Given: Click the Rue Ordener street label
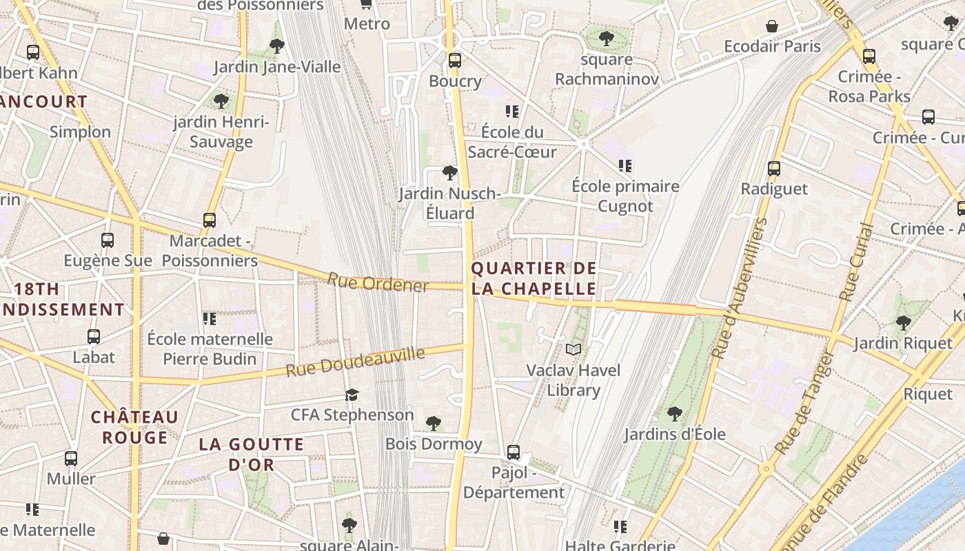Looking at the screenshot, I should [x=378, y=282].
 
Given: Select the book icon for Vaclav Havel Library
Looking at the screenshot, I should [x=573, y=350].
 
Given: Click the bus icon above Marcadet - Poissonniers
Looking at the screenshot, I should [x=210, y=220].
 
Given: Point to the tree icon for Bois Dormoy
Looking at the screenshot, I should [x=433, y=423].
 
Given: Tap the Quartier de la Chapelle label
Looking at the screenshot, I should [x=534, y=278].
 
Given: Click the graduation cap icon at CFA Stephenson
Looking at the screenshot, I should [x=352, y=395].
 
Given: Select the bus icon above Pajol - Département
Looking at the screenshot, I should [x=514, y=453].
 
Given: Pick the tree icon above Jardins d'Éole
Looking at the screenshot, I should [x=675, y=414].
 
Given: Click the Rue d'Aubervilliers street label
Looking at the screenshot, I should [x=740, y=288].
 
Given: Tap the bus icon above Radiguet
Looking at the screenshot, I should [x=774, y=168].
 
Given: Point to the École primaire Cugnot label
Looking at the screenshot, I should [x=625, y=196].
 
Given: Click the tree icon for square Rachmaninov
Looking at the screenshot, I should [x=607, y=39].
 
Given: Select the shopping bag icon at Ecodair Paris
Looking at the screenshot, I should [x=772, y=26].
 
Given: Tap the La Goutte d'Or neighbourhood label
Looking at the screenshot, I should [x=252, y=454].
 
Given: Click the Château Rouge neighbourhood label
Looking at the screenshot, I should [x=135, y=427].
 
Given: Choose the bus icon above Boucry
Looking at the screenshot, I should [x=454, y=60].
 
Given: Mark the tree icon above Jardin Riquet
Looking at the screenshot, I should [x=903, y=322].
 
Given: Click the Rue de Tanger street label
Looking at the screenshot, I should [x=805, y=403].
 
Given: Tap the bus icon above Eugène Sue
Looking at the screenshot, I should [x=108, y=240].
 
